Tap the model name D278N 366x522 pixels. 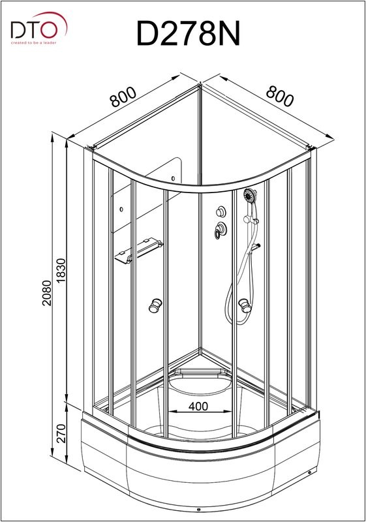188,34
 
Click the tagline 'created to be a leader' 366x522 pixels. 34,43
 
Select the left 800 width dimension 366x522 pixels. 123,97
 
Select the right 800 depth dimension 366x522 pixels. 280,96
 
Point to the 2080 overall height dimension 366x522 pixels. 47,293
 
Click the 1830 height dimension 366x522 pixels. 61,271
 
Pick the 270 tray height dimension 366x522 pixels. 61,433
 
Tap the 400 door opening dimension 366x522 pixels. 198,407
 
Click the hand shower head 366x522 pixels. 249,195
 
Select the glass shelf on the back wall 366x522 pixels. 138,250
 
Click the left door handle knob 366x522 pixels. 155,305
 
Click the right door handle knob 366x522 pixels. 245,305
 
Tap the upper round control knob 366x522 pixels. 221,211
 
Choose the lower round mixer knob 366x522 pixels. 220,230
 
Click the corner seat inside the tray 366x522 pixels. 199,382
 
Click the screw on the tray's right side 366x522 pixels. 310,472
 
